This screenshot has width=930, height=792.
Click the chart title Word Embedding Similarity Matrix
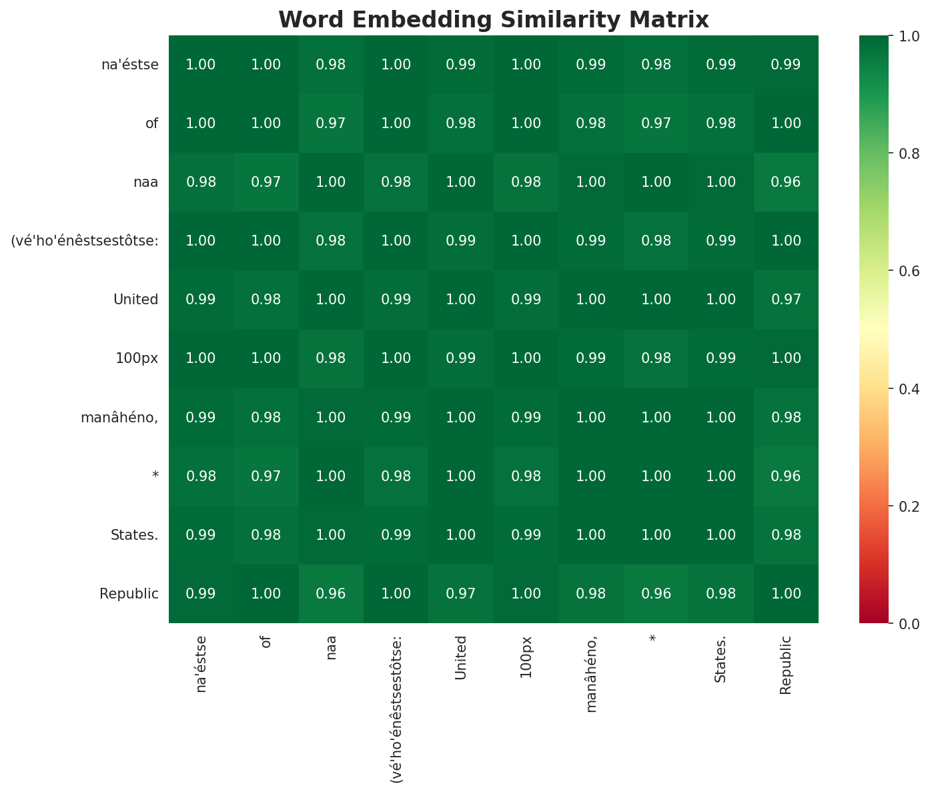pos(493,20)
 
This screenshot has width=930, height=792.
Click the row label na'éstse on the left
pos(129,65)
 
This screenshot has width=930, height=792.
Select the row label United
pos(135,300)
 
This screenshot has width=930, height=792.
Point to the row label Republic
pos(129,594)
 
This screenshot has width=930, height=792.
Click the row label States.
pos(134,535)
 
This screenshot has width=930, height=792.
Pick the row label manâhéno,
pos(119,418)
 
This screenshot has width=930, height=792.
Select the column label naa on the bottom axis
pos(331,647)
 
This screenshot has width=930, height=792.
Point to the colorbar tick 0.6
pos(907,271)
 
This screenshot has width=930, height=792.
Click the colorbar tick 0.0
pos(907,623)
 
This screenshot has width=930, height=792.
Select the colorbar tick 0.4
pos(907,388)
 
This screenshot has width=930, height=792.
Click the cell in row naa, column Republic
pos(785,182)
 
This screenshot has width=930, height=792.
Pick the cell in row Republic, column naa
pos(331,594)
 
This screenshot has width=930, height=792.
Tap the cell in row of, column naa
pos(331,123)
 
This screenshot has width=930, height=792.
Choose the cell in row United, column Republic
pos(785,300)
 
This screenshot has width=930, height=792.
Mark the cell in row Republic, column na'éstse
pos(201,594)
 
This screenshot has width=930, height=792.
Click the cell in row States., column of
pos(266,535)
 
